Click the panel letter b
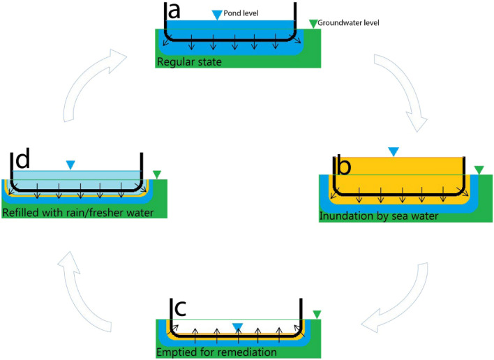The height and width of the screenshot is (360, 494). (343, 167)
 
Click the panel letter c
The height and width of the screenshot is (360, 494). (179, 309)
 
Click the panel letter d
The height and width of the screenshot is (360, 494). (22, 160)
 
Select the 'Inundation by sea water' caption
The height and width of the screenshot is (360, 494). (378, 216)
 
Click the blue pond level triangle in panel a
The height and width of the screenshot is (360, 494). (218, 15)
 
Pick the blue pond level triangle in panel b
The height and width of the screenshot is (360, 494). (394, 151)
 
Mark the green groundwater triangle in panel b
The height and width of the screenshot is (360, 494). (478, 169)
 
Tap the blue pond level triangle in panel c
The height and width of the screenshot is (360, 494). (238, 327)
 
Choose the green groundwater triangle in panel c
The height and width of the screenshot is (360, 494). (317, 314)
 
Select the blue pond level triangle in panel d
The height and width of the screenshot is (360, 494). (70, 165)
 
